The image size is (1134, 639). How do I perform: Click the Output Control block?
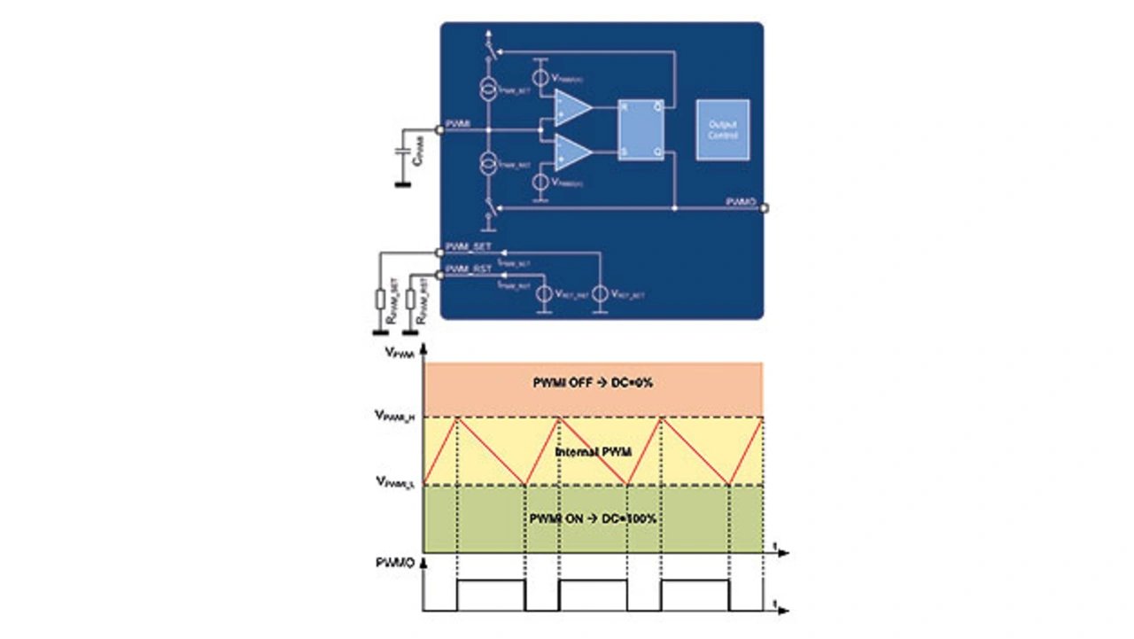pyautogui.click(x=722, y=129)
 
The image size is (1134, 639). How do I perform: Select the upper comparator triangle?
pyautogui.click(x=571, y=107)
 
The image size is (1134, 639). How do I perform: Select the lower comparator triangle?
pyautogui.click(x=571, y=152)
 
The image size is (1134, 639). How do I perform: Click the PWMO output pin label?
pyautogui.click(x=740, y=202)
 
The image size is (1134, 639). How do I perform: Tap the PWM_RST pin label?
pyautogui.click(x=468, y=269)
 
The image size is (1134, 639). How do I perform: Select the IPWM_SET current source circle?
pyautogui.click(x=486, y=88)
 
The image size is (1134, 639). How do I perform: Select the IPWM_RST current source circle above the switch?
pyautogui.click(x=486, y=164)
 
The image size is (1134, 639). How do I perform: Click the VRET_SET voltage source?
pyautogui.click(x=600, y=293)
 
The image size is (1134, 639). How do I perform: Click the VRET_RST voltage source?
pyautogui.click(x=542, y=293)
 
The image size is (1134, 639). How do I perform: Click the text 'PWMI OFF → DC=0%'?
pyautogui.click(x=594, y=382)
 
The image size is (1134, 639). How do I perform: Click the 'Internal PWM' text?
pyautogui.click(x=593, y=452)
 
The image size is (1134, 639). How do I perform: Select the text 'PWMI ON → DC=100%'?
pyautogui.click(x=594, y=518)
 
